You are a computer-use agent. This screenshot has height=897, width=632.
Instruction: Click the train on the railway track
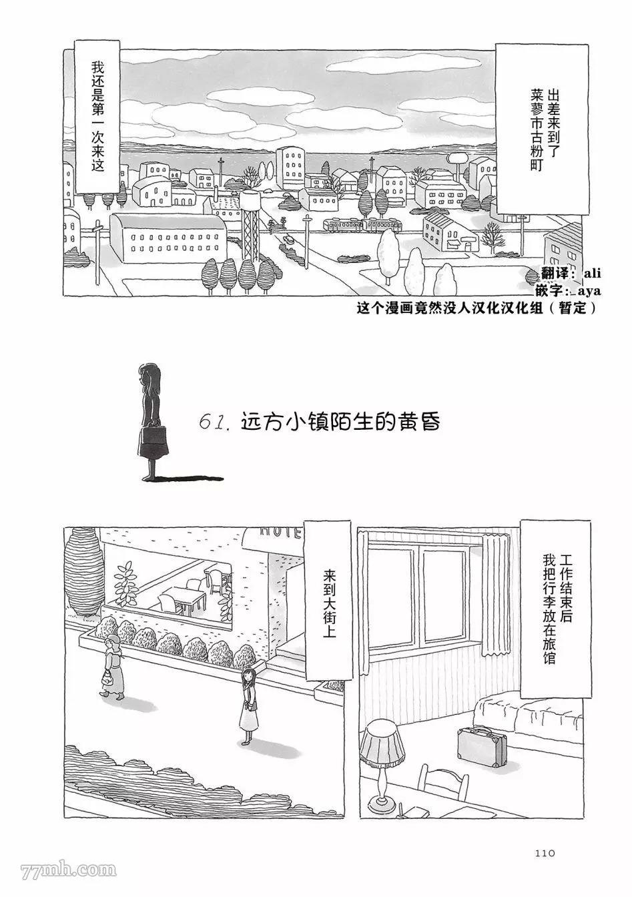pyautogui.click(x=362, y=226)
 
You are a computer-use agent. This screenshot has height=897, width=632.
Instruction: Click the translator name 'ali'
pyautogui.click(x=592, y=274)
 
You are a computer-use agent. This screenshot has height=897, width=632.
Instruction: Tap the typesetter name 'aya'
pyautogui.click(x=590, y=291)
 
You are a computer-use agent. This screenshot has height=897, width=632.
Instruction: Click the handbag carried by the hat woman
pyautogui.click(x=108, y=677)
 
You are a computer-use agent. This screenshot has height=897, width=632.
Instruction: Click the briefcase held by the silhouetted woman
pyautogui.click(x=153, y=439)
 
